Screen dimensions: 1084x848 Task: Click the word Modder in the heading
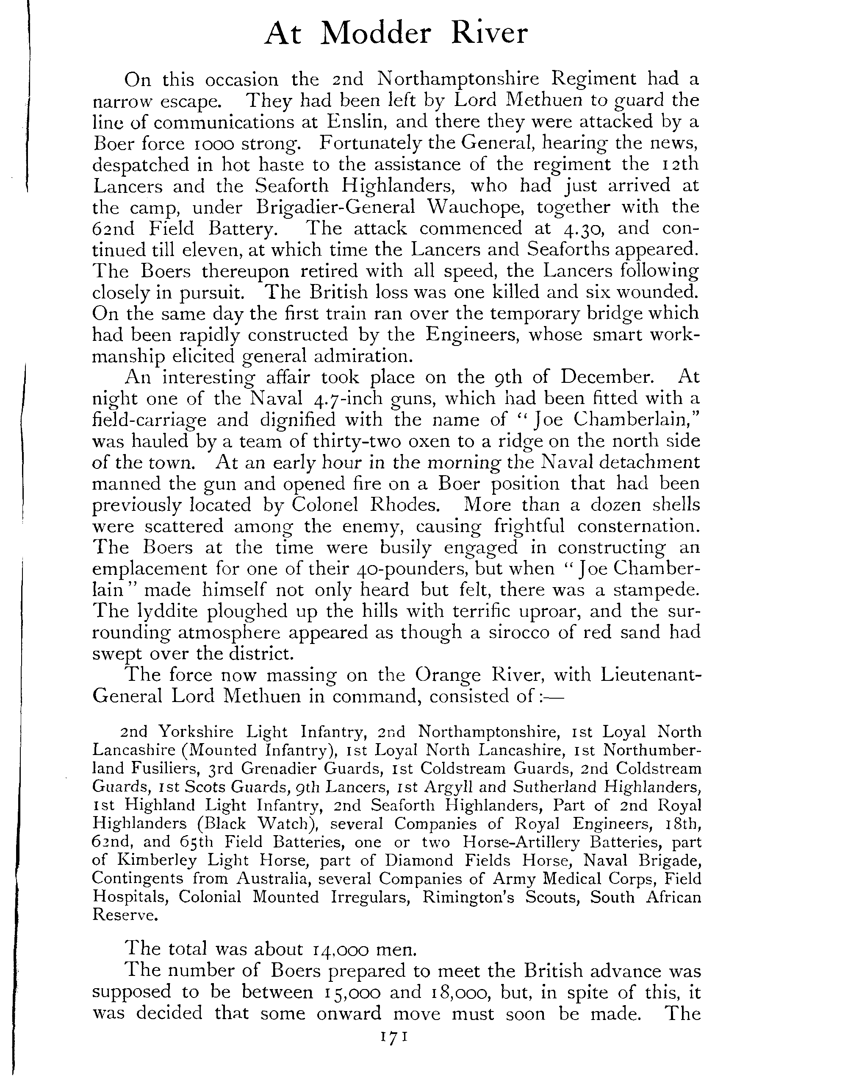coord(377,34)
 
